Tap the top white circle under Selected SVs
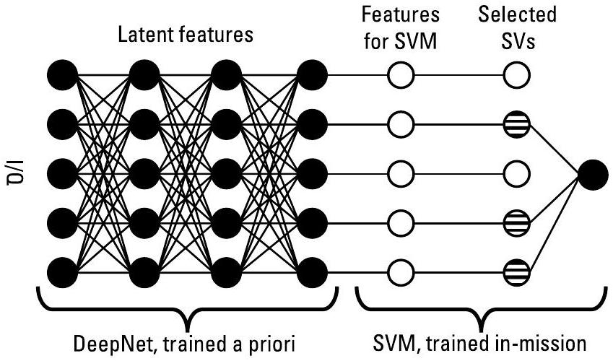point(517,74)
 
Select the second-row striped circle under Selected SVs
point(517,124)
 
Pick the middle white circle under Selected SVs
point(517,173)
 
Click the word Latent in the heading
point(147,36)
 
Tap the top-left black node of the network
point(61,74)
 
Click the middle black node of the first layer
point(61,173)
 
